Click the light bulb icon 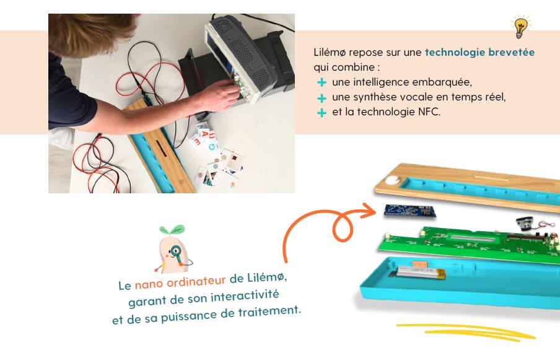[x=521, y=27]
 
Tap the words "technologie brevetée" [x=479, y=53]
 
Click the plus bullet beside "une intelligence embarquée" [x=322, y=82]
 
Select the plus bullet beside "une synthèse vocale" [x=322, y=97]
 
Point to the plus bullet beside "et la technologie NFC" [x=322, y=113]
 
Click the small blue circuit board [x=410, y=211]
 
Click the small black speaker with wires [x=525, y=224]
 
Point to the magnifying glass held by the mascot [x=177, y=252]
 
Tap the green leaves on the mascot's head [x=172, y=230]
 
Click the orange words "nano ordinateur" [x=180, y=282]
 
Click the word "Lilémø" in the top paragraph [x=330, y=53]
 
